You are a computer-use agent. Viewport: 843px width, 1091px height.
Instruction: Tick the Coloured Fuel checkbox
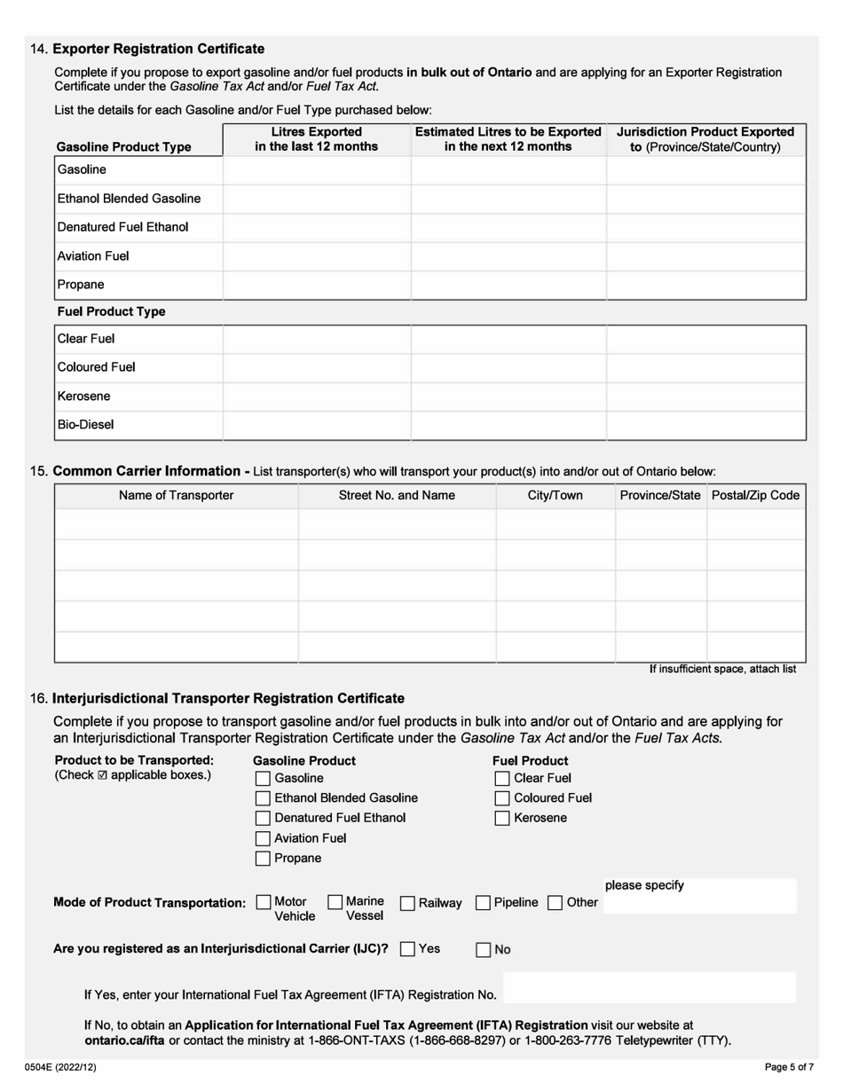(501, 798)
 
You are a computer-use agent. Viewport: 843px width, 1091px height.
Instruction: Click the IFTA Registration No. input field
(649, 987)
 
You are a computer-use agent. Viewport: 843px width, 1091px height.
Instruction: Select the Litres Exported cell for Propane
(317, 286)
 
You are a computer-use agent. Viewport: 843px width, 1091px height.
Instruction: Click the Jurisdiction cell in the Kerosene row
(705, 396)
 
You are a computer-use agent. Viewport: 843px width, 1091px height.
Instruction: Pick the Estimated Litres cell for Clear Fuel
(508, 338)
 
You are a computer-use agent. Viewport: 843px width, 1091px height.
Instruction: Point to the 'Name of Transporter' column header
(176, 495)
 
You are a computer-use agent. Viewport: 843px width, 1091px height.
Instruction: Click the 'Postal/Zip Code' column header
(755, 495)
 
